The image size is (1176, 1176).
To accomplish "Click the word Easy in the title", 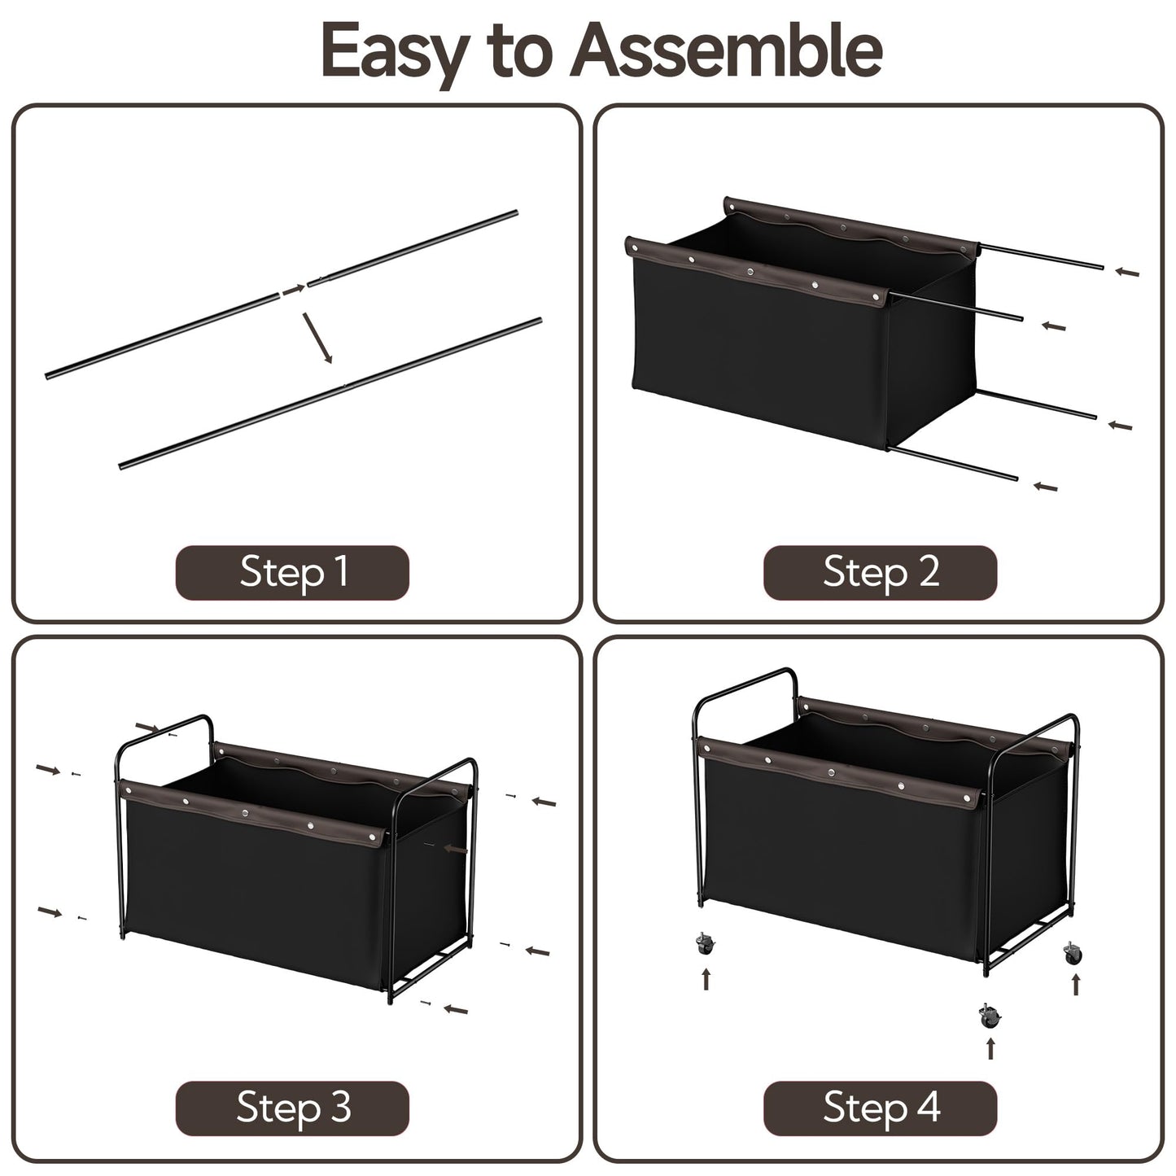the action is click(x=396, y=55).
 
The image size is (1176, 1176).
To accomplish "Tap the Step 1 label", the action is click(x=293, y=572).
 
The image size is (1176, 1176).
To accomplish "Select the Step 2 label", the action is click(x=881, y=572).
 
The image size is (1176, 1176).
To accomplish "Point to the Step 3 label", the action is click(x=293, y=1107).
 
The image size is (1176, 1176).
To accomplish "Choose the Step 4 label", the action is click(x=881, y=1107).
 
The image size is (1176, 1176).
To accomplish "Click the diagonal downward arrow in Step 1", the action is click(x=317, y=338).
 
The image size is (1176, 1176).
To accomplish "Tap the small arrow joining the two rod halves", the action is click(x=294, y=289).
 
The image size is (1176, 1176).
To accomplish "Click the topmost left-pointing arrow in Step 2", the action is click(x=1126, y=272).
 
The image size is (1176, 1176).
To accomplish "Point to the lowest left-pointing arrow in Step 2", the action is click(x=1046, y=487).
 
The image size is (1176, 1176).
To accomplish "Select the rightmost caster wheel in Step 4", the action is click(x=1073, y=953).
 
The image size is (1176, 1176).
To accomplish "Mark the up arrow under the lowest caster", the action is click(x=990, y=1050).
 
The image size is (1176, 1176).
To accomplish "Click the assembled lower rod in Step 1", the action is click(x=330, y=393).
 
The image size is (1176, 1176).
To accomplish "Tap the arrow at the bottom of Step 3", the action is click(x=455, y=1009).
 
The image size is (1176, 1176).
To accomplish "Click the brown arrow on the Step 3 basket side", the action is click(x=456, y=848).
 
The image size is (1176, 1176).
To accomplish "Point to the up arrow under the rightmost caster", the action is click(x=1076, y=984).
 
